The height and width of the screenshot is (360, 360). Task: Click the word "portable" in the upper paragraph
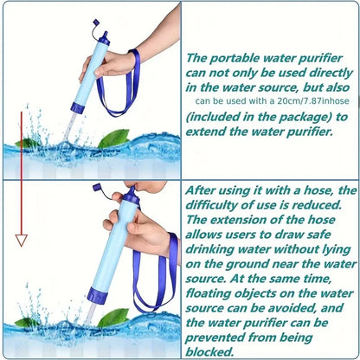coord(234,59)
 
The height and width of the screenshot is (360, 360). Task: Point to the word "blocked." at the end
coord(209,351)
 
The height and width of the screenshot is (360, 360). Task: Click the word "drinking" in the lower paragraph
coord(209,249)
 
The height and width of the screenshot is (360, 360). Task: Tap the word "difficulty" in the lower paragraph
coord(212,205)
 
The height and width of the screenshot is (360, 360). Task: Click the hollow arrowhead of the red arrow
coord(22,240)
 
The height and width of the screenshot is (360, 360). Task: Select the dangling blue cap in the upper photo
coord(96,22)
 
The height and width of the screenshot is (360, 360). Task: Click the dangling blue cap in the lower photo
coord(97,188)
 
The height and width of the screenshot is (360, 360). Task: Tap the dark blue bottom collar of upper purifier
coord(78,107)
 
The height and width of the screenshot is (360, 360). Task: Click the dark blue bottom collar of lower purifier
coord(98,295)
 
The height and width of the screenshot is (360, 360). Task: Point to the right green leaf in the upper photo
coord(114,138)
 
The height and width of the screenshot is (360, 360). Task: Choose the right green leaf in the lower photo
coord(113,318)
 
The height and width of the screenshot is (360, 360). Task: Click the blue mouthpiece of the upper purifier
coord(105,38)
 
